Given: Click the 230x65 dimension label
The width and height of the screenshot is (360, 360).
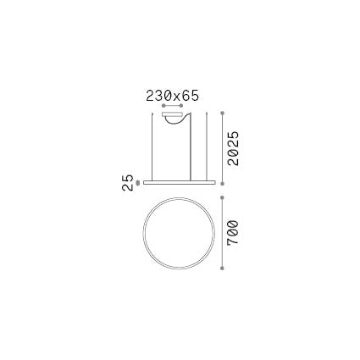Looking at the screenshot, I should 172,97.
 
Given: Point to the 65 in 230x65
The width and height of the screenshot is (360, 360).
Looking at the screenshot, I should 191,97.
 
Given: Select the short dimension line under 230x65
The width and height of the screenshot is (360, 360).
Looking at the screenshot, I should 177,106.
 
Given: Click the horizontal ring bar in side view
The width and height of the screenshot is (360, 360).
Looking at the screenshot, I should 178,180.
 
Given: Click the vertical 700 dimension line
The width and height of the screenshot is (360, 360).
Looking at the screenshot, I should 222,232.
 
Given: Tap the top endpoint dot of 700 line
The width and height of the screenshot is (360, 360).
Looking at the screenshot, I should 222,197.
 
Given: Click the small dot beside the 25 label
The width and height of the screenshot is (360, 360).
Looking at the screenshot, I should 139,180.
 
